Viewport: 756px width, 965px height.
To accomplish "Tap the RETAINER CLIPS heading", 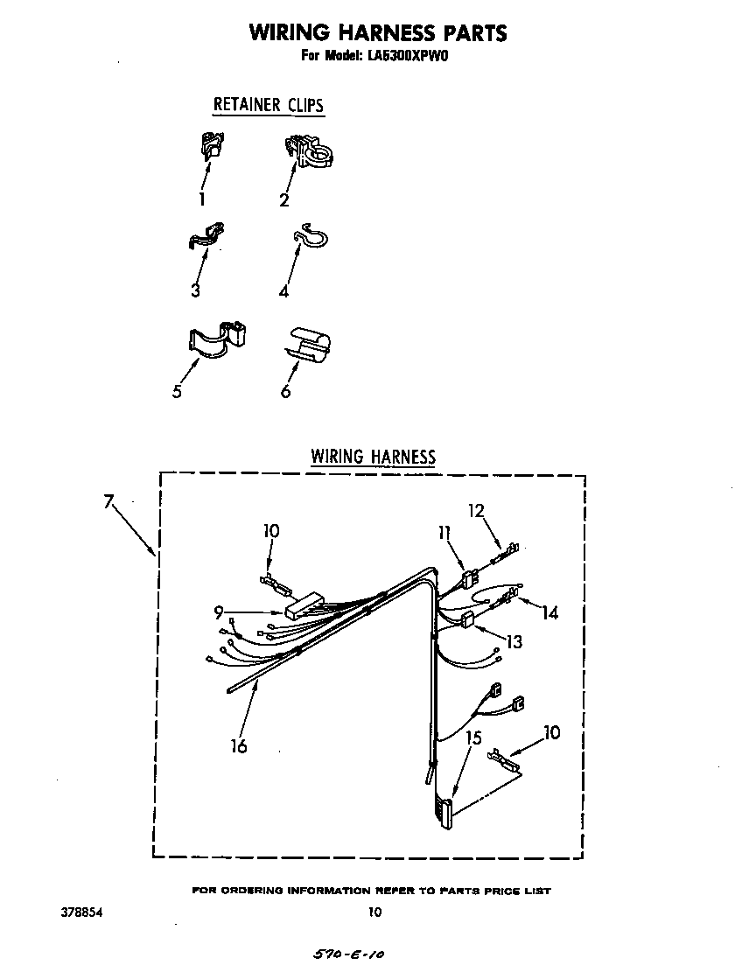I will (268, 105).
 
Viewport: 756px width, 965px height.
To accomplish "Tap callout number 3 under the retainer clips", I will (195, 290).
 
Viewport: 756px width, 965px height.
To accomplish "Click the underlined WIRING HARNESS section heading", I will (373, 456).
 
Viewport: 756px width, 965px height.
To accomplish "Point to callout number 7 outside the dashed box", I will (108, 501).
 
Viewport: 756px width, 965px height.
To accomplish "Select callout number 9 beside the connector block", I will (220, 613).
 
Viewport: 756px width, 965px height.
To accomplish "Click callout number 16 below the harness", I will (238, 745).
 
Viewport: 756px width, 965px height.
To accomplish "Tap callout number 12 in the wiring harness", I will (475, 510).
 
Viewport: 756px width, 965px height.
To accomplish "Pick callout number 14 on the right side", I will (549, 612).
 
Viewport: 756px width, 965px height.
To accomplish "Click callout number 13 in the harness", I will (514, 642).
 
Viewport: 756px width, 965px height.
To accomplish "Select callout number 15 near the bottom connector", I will (473, 738).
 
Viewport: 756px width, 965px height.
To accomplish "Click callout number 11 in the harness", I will (444, 532).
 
